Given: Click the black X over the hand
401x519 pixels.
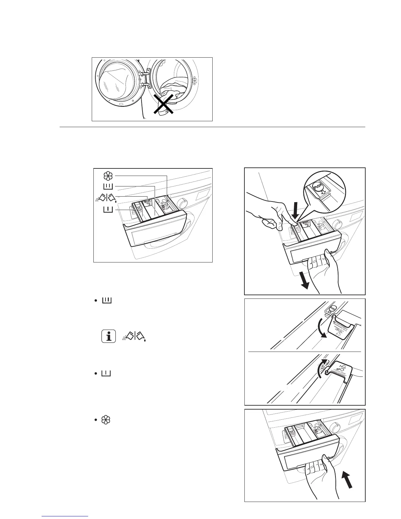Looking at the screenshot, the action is click(163, 103).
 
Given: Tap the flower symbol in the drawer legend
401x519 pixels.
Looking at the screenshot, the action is click(108, 176).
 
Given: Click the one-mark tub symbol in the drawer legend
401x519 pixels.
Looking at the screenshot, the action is click(108, 209).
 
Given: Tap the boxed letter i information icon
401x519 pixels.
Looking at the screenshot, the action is click(109, 336).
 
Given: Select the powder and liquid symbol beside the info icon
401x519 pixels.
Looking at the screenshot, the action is click(134, 336).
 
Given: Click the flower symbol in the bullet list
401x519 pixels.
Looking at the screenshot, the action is click(105, 420).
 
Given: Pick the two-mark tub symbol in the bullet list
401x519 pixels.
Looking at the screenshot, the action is click(106, 300).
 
